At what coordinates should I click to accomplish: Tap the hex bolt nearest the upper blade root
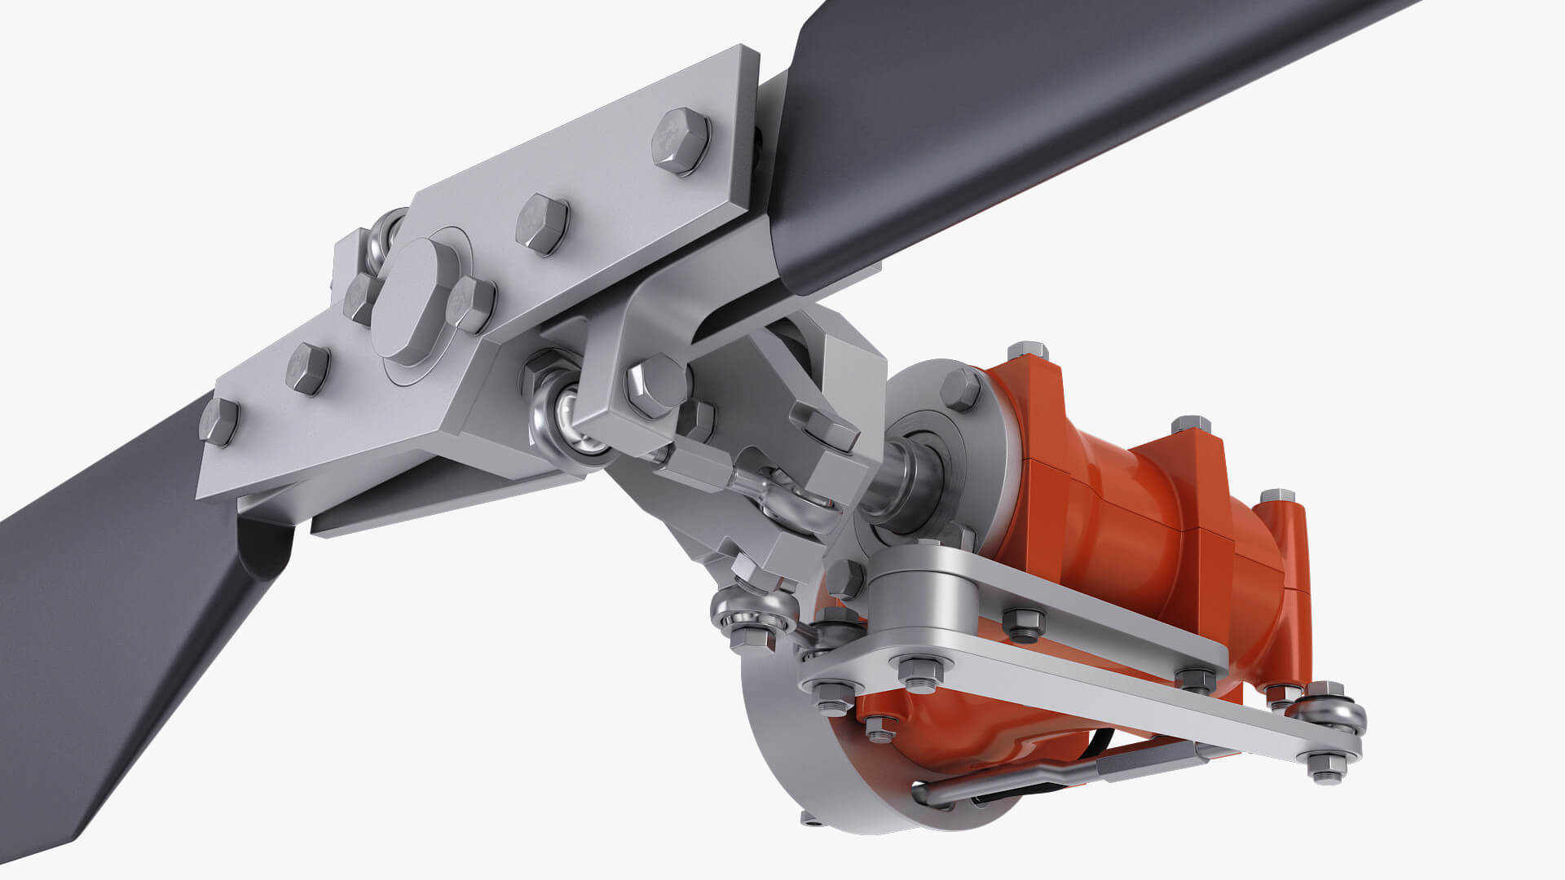(x=681, y=140)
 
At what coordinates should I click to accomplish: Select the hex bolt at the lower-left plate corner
(x=218, y=421)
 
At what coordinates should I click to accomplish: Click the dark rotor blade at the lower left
(x=98, y=652)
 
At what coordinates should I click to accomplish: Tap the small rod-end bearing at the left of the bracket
(x=754, y=611)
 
